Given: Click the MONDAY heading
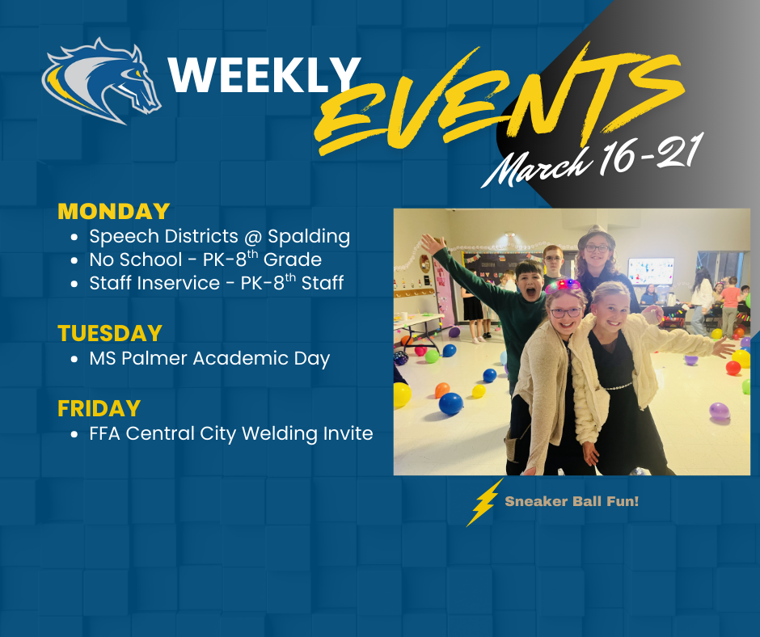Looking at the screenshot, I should tap(113, 212).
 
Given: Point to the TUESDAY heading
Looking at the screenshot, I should tap(110, 333).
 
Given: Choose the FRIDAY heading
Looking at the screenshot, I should tap(99, 408).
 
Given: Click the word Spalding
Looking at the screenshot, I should tap(310, 236).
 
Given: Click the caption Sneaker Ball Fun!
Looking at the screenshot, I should tap(572, 502).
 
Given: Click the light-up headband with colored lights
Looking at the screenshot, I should tap(563, 286).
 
